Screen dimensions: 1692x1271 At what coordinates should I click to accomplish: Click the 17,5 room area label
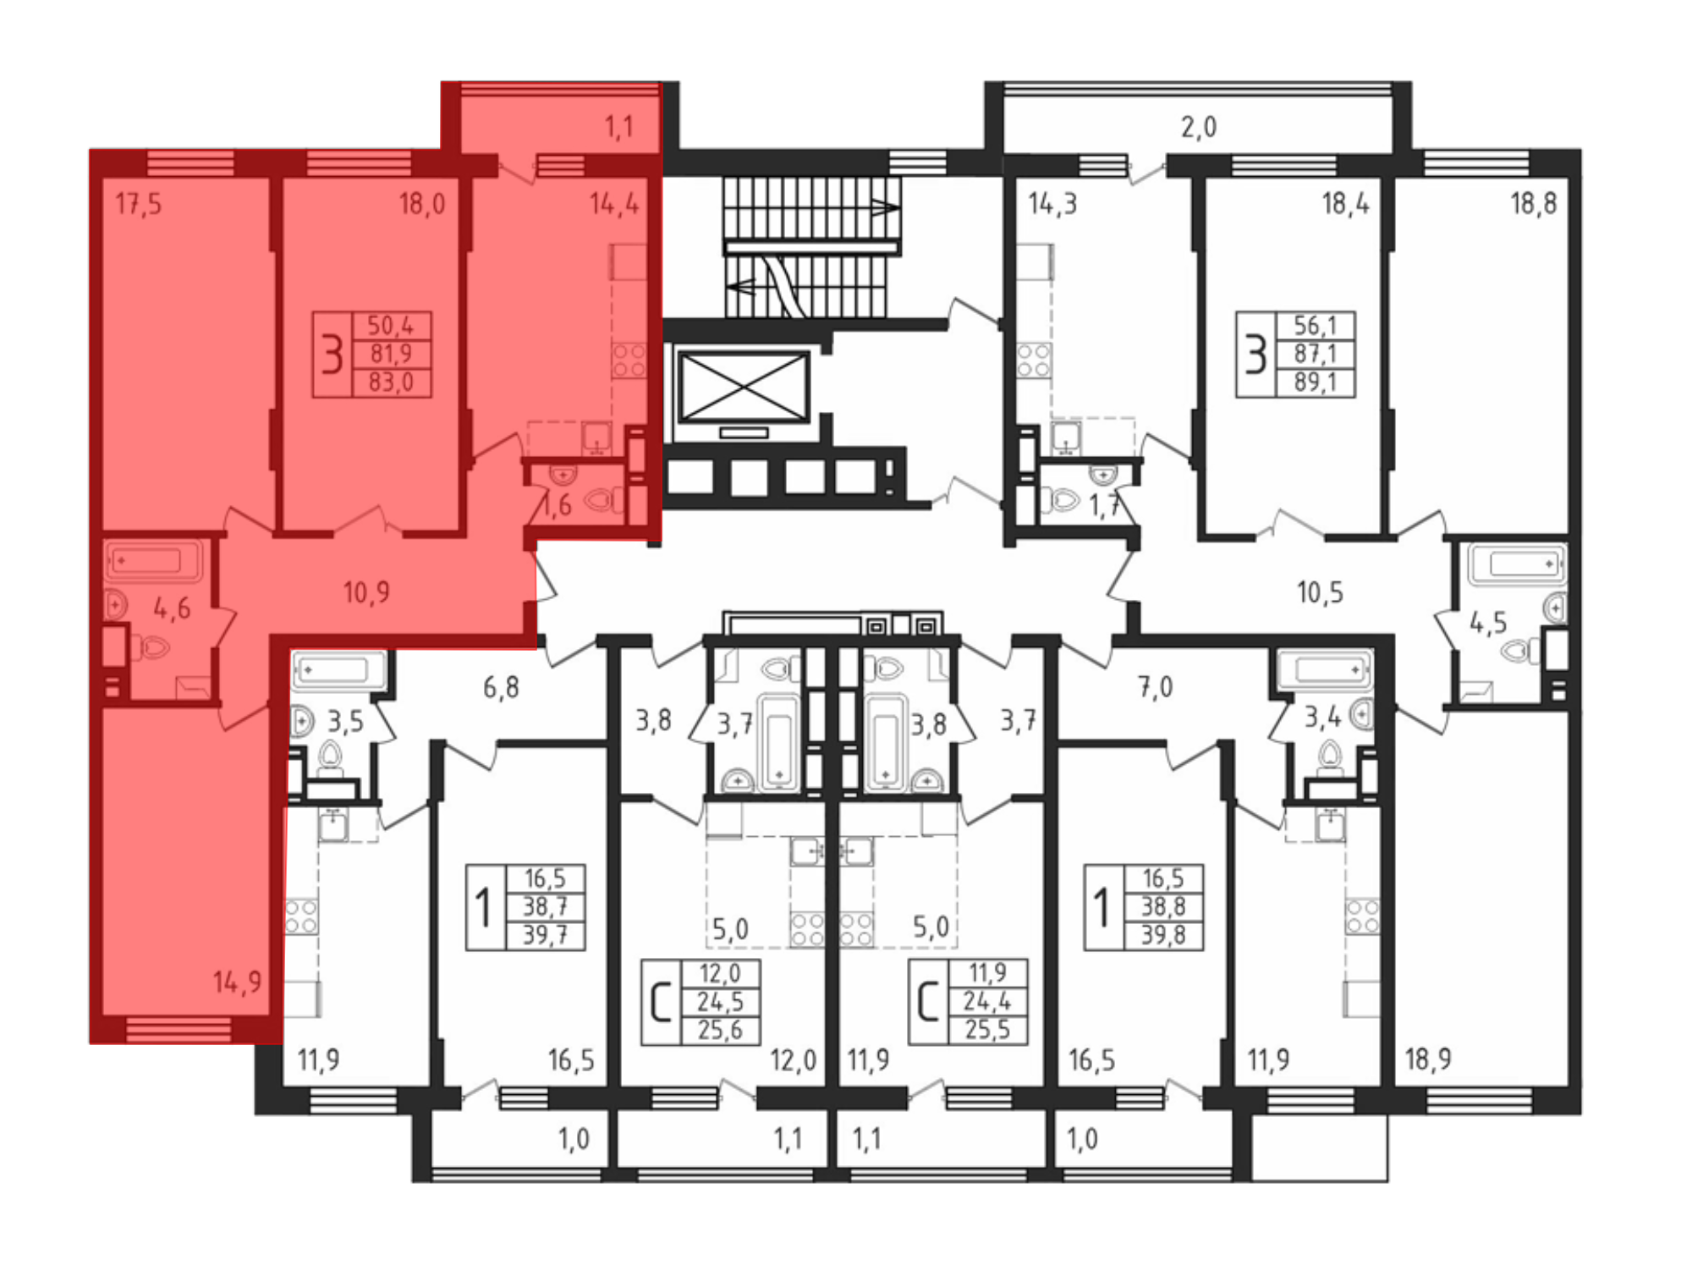coord(139,204)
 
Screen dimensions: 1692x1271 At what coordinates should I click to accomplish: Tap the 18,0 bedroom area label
coord(422,204)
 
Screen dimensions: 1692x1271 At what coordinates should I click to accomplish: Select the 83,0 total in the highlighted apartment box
coord(390,382)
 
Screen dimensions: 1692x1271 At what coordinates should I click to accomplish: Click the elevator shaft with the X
coord(744,388)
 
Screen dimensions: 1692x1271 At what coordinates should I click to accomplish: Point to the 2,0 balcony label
coord(1199,127)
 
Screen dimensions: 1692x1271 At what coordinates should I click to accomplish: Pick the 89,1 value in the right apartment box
coord(1316,382)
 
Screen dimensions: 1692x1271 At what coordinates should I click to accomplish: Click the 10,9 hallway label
coord(366,592)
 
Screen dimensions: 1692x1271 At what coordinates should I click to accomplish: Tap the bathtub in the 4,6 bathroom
coord(153,560)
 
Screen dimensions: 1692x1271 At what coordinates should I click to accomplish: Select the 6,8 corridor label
coord(501,687)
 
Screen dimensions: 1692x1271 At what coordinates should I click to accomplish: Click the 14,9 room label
coord(237,982)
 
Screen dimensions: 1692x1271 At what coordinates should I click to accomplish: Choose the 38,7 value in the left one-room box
coord(545,907)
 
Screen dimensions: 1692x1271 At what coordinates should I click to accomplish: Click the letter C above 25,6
coord(661,1003)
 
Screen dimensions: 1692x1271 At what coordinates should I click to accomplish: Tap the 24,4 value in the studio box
coord(987,1002)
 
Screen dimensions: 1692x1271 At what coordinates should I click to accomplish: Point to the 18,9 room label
coord(1428,1059)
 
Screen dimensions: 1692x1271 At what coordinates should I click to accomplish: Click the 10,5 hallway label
coord(1320,592)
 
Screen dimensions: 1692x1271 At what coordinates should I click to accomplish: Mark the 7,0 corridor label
coord(1155,687)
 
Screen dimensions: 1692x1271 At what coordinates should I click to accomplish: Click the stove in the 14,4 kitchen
coord(629,360)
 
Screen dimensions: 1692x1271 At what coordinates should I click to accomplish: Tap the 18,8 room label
coord(1533,204)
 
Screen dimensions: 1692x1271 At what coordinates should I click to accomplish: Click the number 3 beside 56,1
coord(1256,355)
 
